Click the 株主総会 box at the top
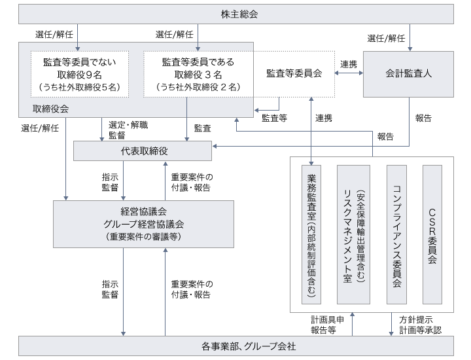(235, 14)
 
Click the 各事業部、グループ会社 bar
(235, 345)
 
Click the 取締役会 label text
(50, 108)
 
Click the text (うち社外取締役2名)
(198, 86)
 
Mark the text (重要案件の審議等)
(143, 236)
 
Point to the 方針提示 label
(415, 319)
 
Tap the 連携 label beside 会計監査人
(349, 64)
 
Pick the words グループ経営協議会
(143, 224)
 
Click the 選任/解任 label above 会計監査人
(387, 37)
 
